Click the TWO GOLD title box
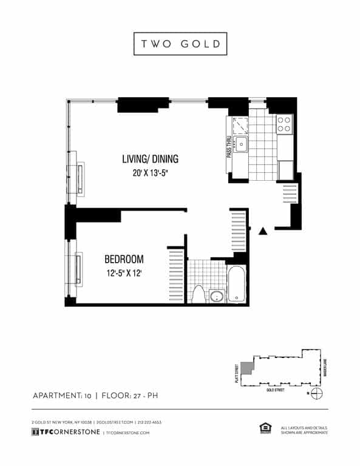180,44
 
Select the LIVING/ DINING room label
150,160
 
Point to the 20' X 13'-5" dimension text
150,174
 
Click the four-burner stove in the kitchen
284,124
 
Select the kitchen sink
241,144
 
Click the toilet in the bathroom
198,294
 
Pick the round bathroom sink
216,297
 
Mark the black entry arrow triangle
263,231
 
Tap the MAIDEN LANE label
326,368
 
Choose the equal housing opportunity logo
265,429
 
